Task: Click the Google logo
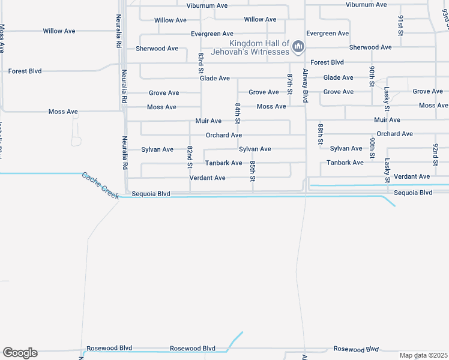20,353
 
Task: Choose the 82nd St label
190,156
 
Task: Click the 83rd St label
201,64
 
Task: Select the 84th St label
238,113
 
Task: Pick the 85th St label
253,171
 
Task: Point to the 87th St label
289,85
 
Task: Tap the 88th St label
321,135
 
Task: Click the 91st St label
400,24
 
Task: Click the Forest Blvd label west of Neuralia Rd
25,71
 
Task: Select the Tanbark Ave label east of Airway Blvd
345,163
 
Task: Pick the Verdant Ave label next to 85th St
207,178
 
